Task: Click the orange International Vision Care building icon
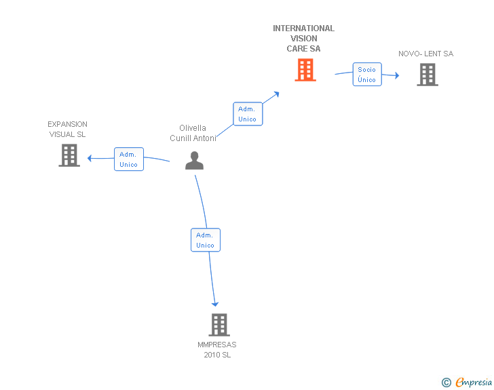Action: point(305,70)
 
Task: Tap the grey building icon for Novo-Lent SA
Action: point(427,75)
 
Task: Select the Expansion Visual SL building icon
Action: point(69,155)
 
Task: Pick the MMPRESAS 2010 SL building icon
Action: point(219,325)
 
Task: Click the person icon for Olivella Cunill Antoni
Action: point(194,160)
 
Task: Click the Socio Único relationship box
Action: point(367,75)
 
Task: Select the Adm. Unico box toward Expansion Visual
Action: point(129,159)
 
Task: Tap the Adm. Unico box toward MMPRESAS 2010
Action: point(206,240)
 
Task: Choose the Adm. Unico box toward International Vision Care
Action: point(248,114)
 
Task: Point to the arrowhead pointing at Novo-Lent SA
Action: point(397,75)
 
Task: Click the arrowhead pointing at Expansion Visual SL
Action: point(90,158)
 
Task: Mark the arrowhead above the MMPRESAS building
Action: point(215,304)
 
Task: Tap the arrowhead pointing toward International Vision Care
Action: point(277,94)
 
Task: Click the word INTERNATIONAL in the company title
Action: point(304,28)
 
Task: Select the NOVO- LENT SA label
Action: point(426,54)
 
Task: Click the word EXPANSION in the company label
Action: point(67,124)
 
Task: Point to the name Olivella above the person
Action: point(193,128)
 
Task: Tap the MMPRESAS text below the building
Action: point(217,345)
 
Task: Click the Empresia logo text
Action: point(474,382)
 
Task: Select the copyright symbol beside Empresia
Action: point(446,383)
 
